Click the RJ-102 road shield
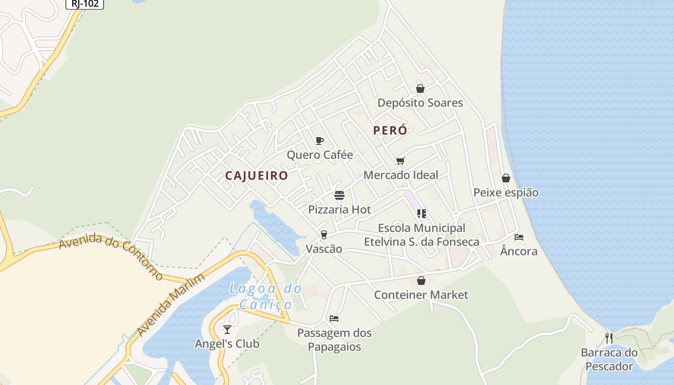pos(84,4)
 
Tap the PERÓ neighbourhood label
pos(390,130)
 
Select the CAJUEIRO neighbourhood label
pos(256,176)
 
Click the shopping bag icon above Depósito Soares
pos(420,89)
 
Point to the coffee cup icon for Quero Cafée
pos(319,141)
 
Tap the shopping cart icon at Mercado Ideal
pos(401,161)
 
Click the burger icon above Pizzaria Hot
pos(339,195)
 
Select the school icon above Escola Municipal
pos(422,214)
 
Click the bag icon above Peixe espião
pos(506,179)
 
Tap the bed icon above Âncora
pos(519,237)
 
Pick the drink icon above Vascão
pos(324,235)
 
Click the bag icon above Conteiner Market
pos(421,281)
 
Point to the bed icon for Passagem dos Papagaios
pos(334,319)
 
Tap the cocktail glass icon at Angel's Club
pos(227,330)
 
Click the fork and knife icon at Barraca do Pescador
pos(609,338)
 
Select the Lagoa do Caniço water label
pos(266,296)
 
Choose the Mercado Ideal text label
pos(401,175)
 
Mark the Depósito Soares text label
pos(420,103)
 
